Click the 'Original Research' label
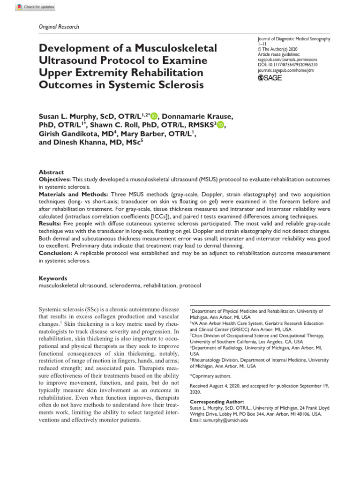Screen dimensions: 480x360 58,27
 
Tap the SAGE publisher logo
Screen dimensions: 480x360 270,78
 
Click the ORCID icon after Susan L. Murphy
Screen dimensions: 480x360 154,116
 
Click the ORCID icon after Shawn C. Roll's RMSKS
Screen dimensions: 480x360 220,125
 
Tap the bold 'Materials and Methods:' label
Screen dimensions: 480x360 73,194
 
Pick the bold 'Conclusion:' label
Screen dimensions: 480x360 56,253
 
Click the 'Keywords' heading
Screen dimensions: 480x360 52,278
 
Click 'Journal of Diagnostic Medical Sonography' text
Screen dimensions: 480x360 294,39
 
